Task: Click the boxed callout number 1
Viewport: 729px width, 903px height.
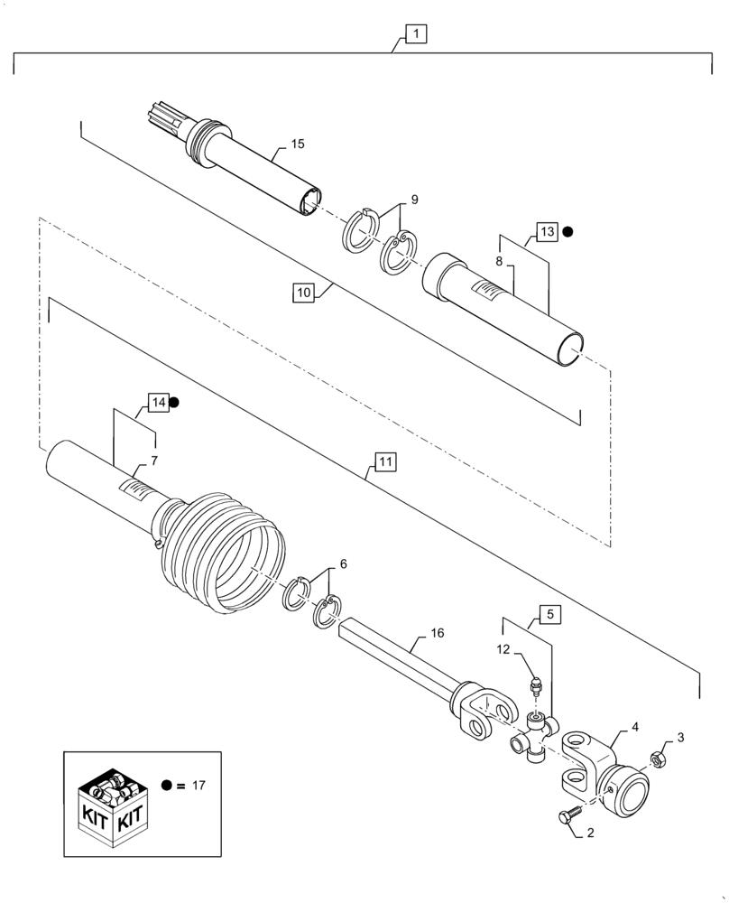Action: point(415,35)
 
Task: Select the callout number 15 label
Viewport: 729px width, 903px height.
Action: point(298,144)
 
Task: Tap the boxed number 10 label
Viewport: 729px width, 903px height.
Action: point(303,293)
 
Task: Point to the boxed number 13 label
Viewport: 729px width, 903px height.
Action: point(547,231)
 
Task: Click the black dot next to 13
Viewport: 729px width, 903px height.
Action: point(568,231)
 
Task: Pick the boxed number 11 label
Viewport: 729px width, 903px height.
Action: point(383,463)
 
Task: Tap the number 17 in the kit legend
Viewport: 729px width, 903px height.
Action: point(198,785)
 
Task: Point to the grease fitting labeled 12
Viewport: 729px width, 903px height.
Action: point(535,686)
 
